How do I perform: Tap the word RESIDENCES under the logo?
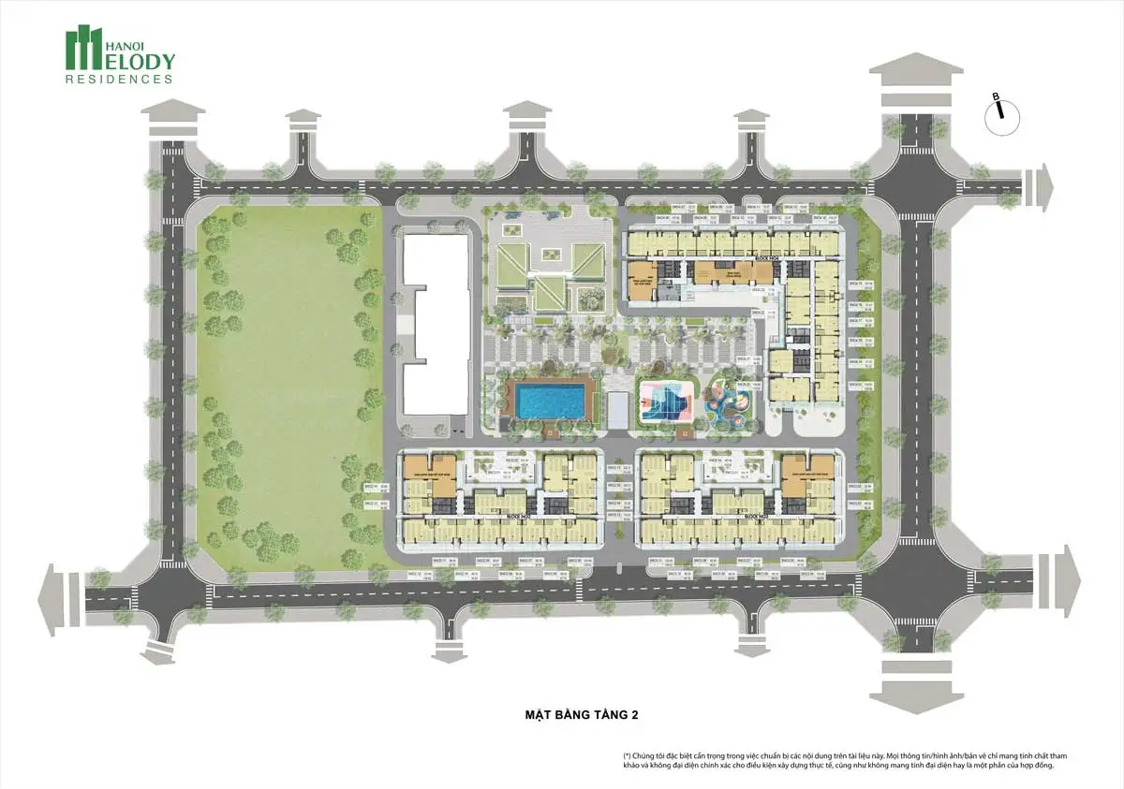tap(119, 80)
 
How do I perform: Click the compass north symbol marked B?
tap(999, 109)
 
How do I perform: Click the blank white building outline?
tap(435, 323)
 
